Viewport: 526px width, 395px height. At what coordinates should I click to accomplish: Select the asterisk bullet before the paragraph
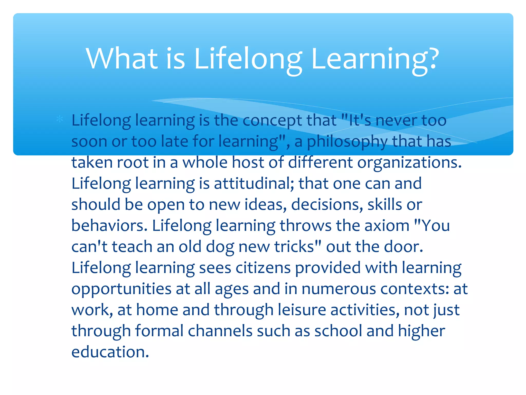pyautogui.click(x=60, y=119)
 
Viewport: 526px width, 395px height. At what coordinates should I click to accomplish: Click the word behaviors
pyautogui.click(x=109, y=226)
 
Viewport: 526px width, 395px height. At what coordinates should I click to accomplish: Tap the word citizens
pyautogui.click(x=263, y=268)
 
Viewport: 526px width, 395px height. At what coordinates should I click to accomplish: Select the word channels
pyautogui.click(x=220, y=331)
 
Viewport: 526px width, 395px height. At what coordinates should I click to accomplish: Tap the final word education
pyautogui.click(x=110, y=352)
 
